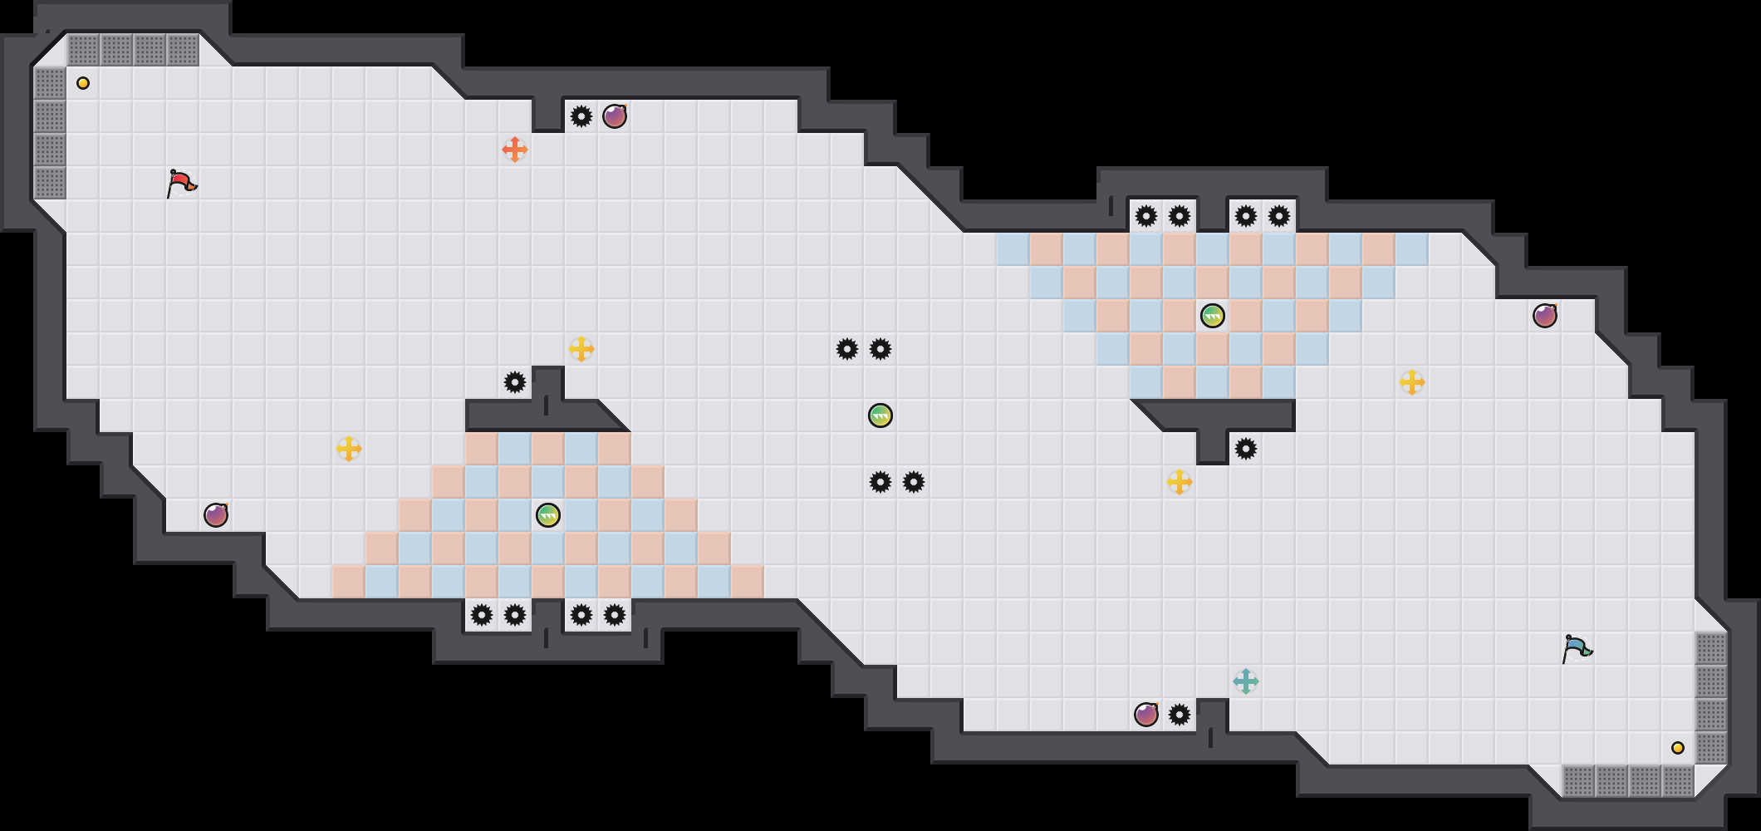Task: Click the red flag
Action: [x=180, y=183]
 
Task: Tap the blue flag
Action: [x=1576, y=648]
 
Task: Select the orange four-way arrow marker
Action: [x=515, y=150]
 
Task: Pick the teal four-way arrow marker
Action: [x=1246, y=681]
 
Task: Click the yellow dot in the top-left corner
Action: [x=83, y=83]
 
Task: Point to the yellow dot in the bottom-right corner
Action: [x=1678, y=748]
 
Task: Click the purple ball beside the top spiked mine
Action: [x=615, y=116]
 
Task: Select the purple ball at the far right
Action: [x=1545, y=316]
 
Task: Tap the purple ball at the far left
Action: [x=216, y=515]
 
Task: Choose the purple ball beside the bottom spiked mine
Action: [x=1146, y=715]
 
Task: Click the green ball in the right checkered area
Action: [x=1213, y=316]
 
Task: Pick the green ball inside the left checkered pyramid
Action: [x=548, y=515]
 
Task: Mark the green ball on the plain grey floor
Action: [x=880, y=415]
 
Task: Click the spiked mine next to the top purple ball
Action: [x=581, y=116]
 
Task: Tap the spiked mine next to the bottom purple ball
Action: [x=1180, y=715]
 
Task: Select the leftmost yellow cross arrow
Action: [x=349, y=449]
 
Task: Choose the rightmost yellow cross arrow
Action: [x=1412, y=382]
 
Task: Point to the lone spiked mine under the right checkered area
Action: [x=1246, y=449]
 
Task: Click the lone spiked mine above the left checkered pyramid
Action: [x=515, y=382]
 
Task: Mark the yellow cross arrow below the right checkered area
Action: [x=1180, y=482]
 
